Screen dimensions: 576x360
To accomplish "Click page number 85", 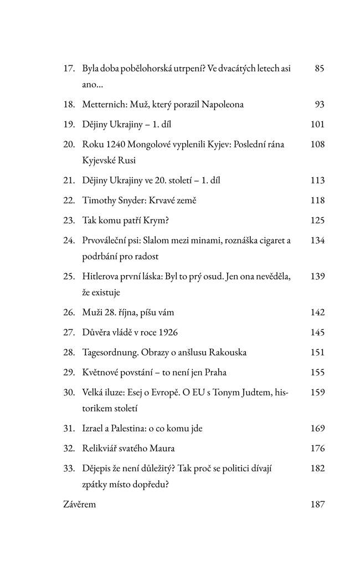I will (318, 69).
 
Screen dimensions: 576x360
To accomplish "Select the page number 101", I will (317, 124).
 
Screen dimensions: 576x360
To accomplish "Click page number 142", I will (317, 312).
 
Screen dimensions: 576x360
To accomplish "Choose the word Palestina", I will (136, 429).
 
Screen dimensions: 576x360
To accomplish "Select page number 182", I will (317, 469).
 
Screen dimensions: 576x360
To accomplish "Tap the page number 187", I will (317, 505).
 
